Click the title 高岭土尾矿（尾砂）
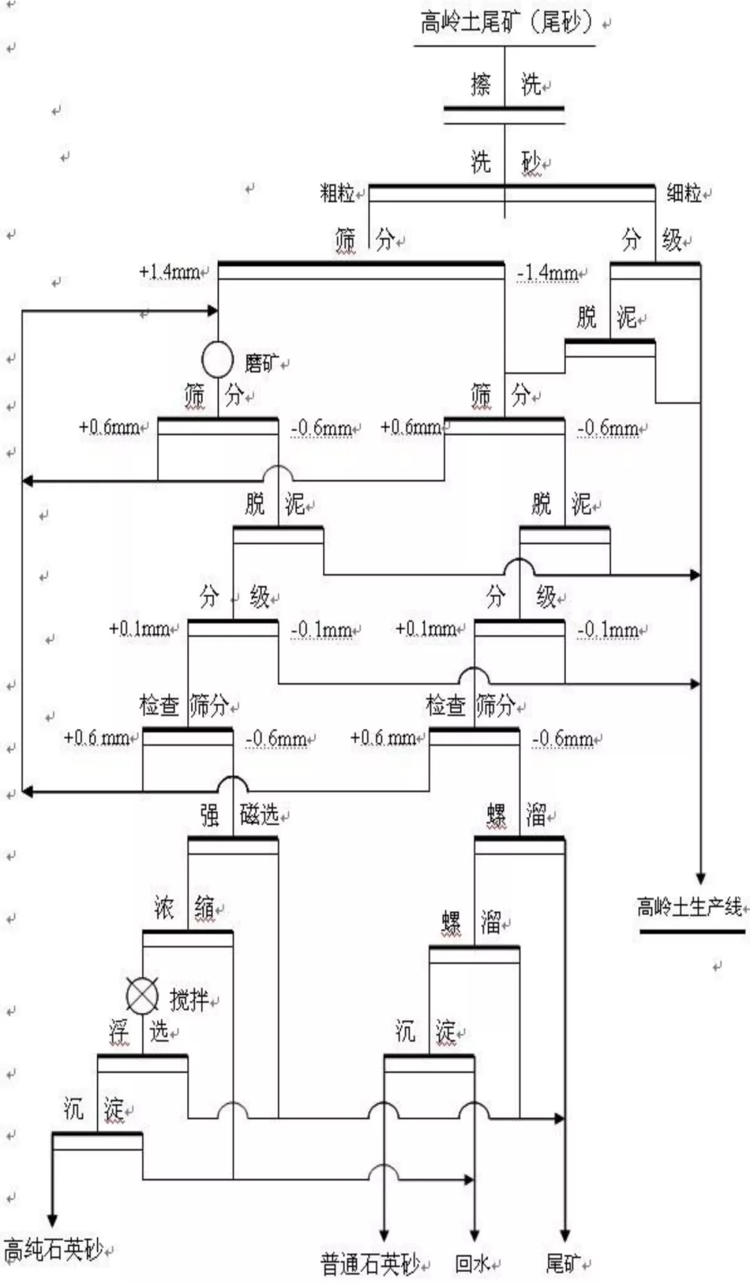[506, 23]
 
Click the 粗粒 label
[337, 192]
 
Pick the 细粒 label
[683, 192]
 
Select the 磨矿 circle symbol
[217, 359]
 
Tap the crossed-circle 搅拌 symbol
[142, 996]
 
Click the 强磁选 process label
[240, 814]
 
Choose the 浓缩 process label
[184, 907]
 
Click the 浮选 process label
[139, 1032]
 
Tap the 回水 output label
[472, 1264]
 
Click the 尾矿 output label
[563, 1264]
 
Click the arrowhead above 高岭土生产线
[701, 878]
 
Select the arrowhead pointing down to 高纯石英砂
[52, 1221]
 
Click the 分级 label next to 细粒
[651, 240]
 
